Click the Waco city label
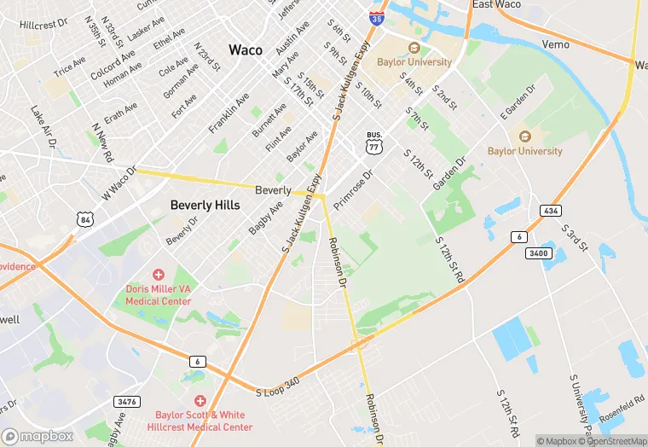pyautogui.click(x=245, y=49)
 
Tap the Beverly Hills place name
pyautogui.click(x=205, y=205)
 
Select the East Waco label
pyautogui.click(x=497, y=4)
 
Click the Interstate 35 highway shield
pyautogui.click(x=376, y=15)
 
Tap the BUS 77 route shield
pyautogui.click(x=373, y=145)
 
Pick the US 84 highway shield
pyautogui.click(x=84, y=220)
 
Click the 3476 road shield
pyautogui.click(x=125, y=401)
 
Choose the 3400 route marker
pyautogui.click(x=540, y=253)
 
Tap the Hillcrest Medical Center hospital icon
pyautogui.click(x=200, y=400)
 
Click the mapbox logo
pyautogui.click(x=38, y=436)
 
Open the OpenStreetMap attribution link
pyautogui.click(x=611, y=441)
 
